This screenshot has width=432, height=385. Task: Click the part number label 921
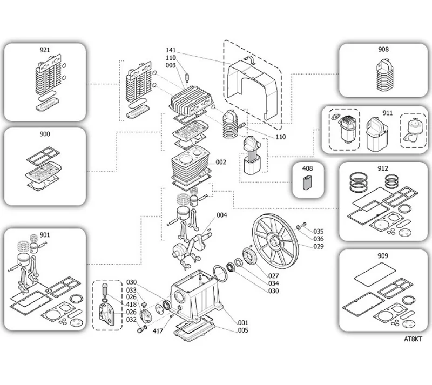[45, 50]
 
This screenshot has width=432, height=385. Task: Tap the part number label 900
[45, 134]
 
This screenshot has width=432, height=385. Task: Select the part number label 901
[45, 235]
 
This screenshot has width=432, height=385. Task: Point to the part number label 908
[383, 49]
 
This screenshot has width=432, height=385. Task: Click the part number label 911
[388, 113]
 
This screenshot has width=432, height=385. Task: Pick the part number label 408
[307, 168]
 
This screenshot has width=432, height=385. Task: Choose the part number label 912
[383, 168]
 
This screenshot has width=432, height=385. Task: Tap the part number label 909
[383, 256]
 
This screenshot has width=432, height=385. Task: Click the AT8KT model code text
[413, 339]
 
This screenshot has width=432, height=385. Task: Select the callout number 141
[171, 50]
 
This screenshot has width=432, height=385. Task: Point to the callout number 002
[221, 162]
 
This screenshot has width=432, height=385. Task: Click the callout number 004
[222, 215]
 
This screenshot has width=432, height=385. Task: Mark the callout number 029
[319, 246]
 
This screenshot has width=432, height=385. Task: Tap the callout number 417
[158, 330]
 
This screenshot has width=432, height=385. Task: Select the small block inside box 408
[308, 183]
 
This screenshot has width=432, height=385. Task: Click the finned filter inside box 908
[384, 75]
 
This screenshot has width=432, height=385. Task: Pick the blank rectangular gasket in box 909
[374, 275]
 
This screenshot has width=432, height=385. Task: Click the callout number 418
[131, 305]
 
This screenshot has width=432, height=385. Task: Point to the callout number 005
[243, 330]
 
